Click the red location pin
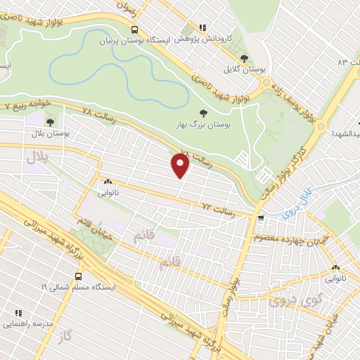(x=181, y=166)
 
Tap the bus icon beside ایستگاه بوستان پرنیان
(x=134, y=30)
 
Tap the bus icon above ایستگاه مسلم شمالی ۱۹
(x=78, y=276)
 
